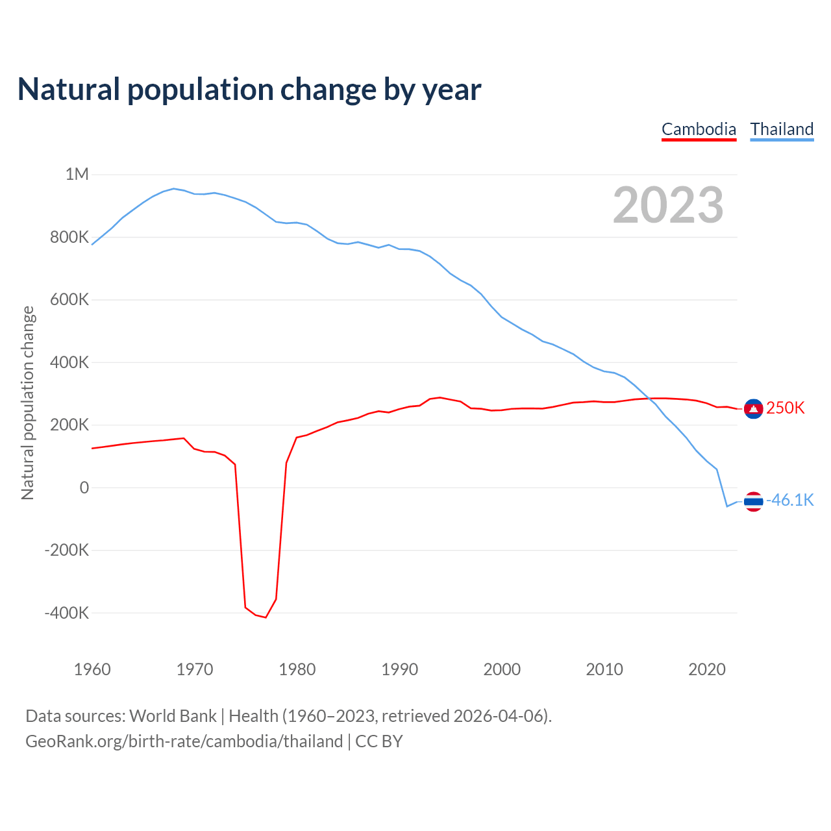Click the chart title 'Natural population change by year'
coord(249,89)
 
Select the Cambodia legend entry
coord(699,129)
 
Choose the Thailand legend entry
coord(782,129)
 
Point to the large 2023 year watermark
coord(668,205)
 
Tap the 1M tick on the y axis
coord(77,174)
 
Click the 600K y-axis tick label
coord(69,299)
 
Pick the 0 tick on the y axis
coord(84,488)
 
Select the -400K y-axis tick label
coord(66,613)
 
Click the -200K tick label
coord(66,551)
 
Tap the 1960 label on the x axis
coord(92,669)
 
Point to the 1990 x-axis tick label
coord(399,669)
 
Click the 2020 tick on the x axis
coord(706,669)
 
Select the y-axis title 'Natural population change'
coord(27,403)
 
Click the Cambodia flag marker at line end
coord(753,408)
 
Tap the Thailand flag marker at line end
coord(753,501)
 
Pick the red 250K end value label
coord(785,408)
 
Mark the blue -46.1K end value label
coord(789,500)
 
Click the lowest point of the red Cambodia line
coord(266,617)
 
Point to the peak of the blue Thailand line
coord(173,188)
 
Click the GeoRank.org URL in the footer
coord(184,741)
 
